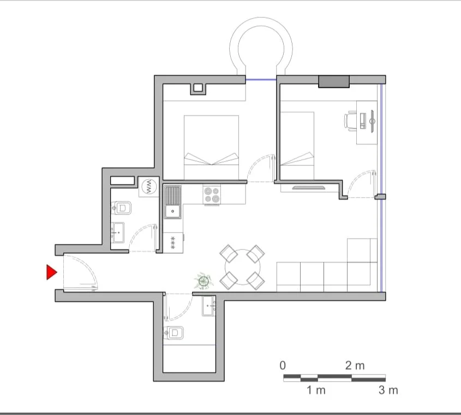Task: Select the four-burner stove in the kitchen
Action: point(212,194)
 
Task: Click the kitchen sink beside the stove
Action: point(173,201)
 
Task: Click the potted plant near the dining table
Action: point(203,281)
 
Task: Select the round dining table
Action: point(242,268)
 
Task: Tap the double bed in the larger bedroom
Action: point(212,147)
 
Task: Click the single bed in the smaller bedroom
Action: point(297,146)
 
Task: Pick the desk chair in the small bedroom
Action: point(351,120)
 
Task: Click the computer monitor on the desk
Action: point(372,121)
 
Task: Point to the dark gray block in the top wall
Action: point(333,81)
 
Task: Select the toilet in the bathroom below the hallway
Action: point(175,332)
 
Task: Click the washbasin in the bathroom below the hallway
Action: point(209,306)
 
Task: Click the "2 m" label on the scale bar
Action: point(355,365)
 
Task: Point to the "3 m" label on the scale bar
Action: point(388,390)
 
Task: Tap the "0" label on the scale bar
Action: point(283,365)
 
